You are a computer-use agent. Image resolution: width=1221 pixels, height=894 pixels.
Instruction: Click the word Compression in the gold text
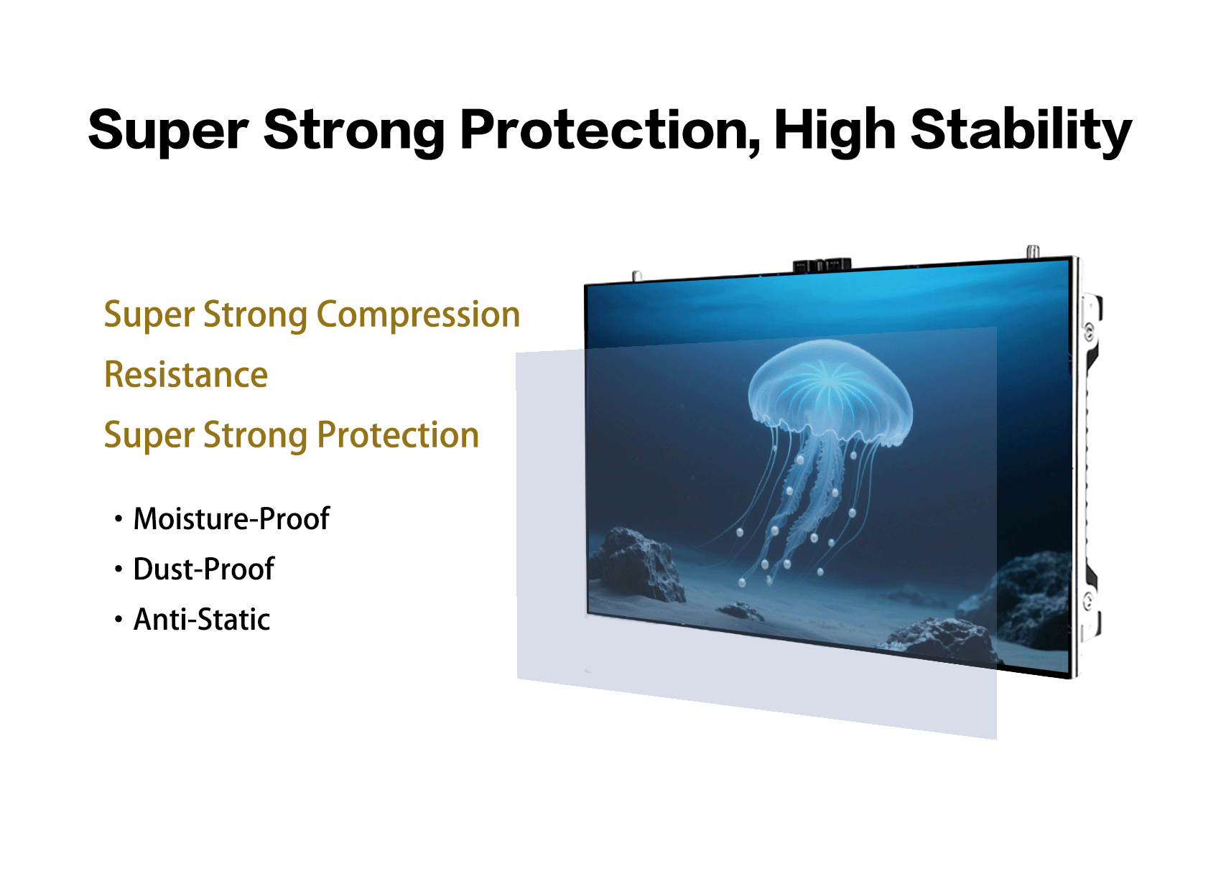(418, 316)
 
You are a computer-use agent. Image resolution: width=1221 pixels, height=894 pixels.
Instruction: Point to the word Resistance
(186, 375)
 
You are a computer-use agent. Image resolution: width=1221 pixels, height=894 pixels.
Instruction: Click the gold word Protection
(398, 435)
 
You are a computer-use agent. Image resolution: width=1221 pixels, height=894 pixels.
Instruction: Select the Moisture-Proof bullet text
(232, 518)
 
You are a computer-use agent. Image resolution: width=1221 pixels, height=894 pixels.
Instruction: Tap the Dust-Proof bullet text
(204, 569)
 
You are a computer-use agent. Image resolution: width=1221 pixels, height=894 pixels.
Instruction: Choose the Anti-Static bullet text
(202, 619)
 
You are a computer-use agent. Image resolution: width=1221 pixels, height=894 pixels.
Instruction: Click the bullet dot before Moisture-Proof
(119, 519)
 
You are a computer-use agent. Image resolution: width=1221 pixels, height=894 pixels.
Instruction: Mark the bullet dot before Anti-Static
(119, 620)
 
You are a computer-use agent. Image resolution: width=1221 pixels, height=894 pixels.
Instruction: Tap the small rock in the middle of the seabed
(741, 610)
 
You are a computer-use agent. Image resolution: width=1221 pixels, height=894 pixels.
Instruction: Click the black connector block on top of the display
(822, 266)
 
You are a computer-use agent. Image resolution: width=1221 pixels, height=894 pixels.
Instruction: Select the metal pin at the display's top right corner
(1032, 251)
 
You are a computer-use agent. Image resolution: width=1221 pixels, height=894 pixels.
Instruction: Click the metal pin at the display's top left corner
(636, 276)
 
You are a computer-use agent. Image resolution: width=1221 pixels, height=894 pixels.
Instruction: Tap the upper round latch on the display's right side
(1089, 330)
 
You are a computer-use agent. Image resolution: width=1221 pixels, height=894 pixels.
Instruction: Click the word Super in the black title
(169, 131)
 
